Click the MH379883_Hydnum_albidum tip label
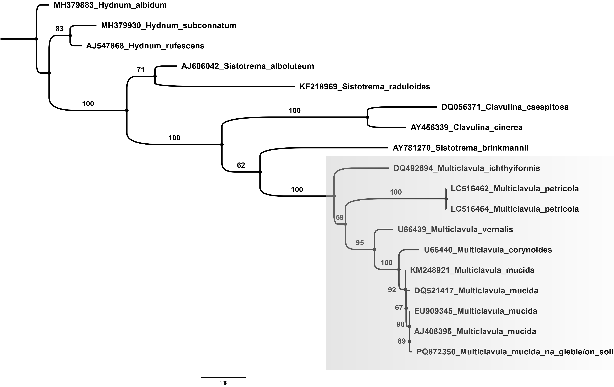[110, 5]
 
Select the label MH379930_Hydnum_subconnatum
[169, 25]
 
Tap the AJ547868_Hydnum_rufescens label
[145, 46]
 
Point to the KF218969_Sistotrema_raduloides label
[365, 87]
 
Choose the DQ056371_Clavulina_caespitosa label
[505, 107]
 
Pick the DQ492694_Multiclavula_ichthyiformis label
[467, 168]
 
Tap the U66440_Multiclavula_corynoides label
[488, 250]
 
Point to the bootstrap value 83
[60, 29]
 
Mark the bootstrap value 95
[360, 243]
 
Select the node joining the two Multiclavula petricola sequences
[446, 199]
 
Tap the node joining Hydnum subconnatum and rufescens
[70, 36]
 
